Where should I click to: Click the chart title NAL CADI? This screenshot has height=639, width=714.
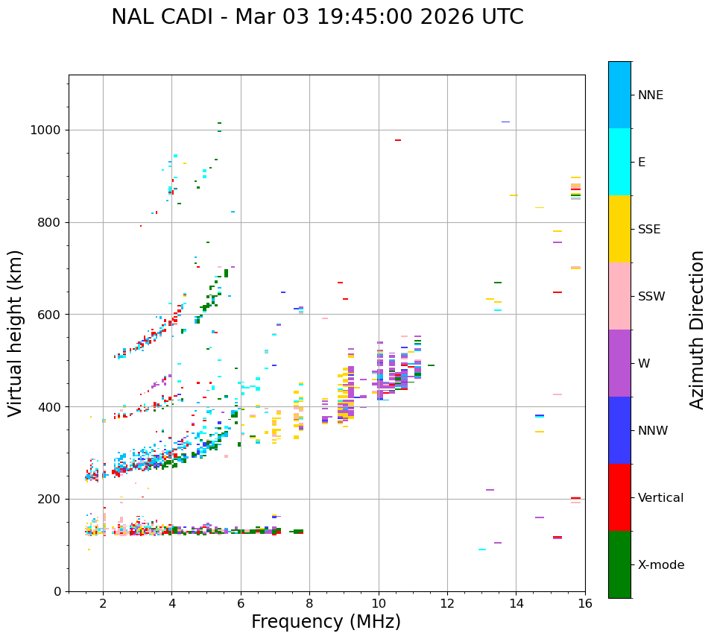pos(317,17)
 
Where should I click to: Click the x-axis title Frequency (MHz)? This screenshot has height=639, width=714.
pos(326,622)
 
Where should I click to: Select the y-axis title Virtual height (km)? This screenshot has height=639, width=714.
pos(16,333)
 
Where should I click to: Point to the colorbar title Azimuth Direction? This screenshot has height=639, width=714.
pos(697,329)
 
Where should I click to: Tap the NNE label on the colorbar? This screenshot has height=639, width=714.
pos(650,95)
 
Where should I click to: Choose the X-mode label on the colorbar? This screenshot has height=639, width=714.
pos(660,565)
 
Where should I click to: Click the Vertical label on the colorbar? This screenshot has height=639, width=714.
pos(660,498)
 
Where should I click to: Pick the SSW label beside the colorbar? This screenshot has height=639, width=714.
pos(651,297)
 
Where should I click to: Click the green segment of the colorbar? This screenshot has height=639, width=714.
pos(619,564)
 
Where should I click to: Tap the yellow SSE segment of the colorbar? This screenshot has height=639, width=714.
pos(619,229)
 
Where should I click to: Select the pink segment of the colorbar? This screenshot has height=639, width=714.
pos(619,296)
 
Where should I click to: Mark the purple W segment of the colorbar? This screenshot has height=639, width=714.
pos(619,363)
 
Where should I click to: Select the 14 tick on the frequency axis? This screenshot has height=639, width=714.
pos(516,603)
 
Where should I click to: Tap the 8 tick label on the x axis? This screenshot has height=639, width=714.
pos(309,603)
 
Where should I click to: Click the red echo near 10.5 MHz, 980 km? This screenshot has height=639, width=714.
pos(398,140)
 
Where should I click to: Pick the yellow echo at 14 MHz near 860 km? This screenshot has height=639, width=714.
pos(514,195)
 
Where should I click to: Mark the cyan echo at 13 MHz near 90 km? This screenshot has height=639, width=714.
pos(482,550)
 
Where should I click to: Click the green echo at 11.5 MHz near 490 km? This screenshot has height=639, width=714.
pos(431,365)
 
